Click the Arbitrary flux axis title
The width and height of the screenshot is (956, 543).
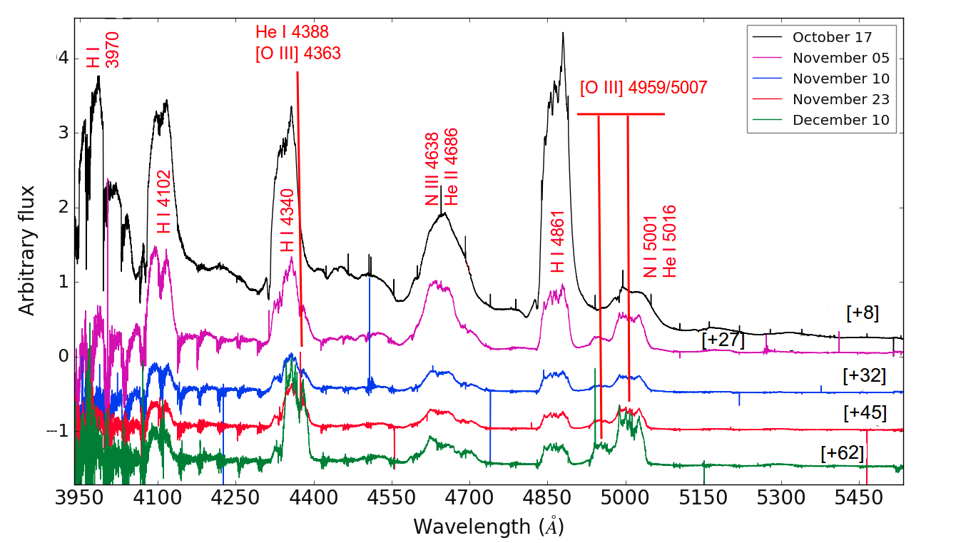pos(27,250)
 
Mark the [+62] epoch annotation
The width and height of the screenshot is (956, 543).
pos(843,452)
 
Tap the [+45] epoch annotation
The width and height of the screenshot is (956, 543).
pos(865,412)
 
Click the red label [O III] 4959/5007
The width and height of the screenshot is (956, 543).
pos(643,88)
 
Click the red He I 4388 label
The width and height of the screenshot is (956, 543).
pos(292,31)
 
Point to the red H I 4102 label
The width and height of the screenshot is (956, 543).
pos(163,202)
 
